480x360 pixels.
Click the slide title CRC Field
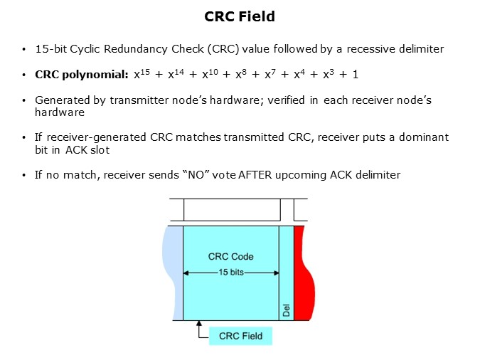click(x=240, y=16)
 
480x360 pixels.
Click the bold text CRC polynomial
click(x=82, y=75)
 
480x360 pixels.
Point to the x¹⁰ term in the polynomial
click(x=210, y=74)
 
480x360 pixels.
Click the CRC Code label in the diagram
click(x=230, y=256)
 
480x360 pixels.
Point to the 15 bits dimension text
click(x=230, y=272)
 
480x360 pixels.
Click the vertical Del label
click(x=286, y=310)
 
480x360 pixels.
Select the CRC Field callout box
click(x=240, y=336)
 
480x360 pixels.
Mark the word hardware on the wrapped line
click(x=60, y=112)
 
